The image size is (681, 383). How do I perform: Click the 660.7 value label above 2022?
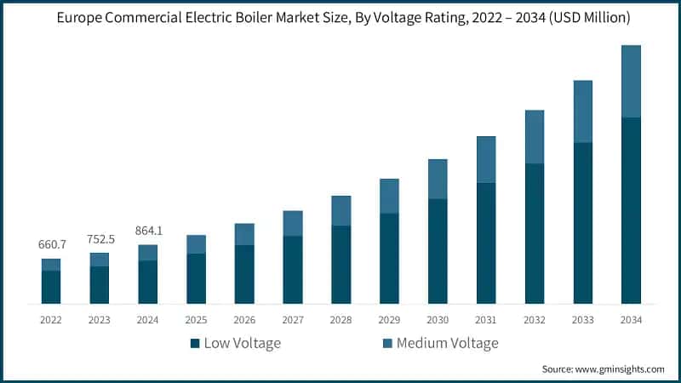click(51, 245)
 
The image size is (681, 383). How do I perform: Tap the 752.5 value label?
click(100, 239)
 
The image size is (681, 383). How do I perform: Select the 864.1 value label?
click(148, 231)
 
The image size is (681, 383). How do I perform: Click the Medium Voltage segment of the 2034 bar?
click(631, 81)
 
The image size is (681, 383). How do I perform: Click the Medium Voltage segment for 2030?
click(438, 179)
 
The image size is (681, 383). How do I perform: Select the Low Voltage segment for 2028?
click(340, 265)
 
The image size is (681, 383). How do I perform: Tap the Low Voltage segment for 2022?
click(51, 287)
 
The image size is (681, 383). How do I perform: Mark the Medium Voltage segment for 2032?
click(534, 136)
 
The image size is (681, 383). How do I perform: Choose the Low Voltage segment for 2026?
click(244, 274)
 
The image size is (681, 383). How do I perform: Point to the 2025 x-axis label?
click(196, 320)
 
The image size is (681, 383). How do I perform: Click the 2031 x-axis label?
click(486, 320)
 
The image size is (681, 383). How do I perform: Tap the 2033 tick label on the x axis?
click(582, 320)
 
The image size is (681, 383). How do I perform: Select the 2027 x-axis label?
click(293, 320)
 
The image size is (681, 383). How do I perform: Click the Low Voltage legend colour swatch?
click(195, 343)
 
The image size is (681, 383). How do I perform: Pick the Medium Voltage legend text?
click(447, 343)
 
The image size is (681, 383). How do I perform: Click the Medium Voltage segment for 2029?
click(389, 196)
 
